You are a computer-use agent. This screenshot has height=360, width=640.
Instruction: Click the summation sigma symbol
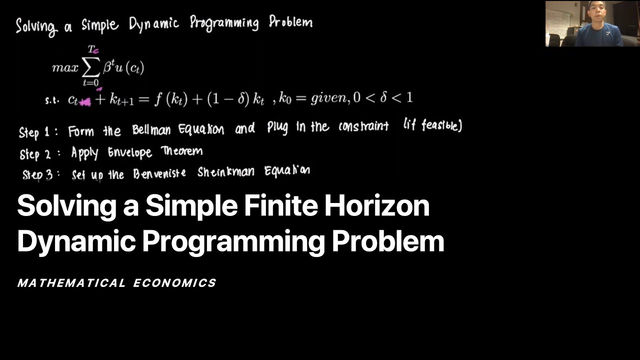click(x=91, y=66)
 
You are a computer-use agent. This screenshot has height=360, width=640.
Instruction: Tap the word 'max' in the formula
click(x=65, y=68)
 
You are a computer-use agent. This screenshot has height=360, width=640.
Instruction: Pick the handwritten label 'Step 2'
click(x=35, y=154)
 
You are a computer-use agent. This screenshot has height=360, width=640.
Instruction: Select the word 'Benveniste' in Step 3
click(x=159, y=173)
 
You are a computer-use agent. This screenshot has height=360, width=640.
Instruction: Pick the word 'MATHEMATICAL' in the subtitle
click(x=71, y=283)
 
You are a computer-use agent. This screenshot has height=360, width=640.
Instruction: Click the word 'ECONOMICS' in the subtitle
click(x=174, y=283)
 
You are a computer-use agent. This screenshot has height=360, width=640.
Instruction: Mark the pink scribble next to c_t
click(x=85, y=102)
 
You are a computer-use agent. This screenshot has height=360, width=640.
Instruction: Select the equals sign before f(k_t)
click(x=143, y=99)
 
